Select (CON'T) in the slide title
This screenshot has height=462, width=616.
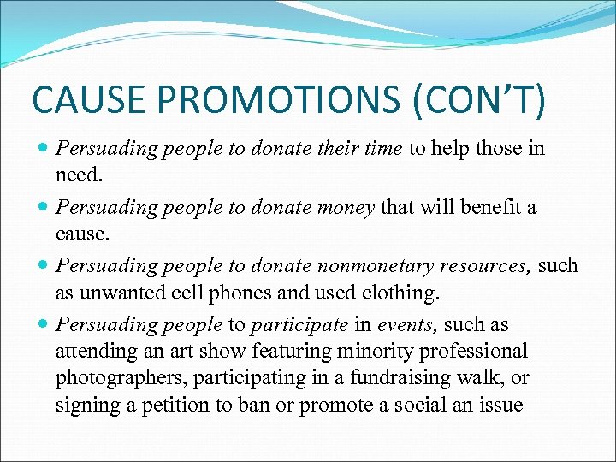[479, 101]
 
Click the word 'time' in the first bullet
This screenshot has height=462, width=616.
[384, 149]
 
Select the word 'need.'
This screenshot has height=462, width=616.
[79, 175]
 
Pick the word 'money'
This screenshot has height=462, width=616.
[346, 207]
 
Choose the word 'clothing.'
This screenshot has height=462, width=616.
[399, 292]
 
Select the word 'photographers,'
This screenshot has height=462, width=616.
[114, 377]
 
